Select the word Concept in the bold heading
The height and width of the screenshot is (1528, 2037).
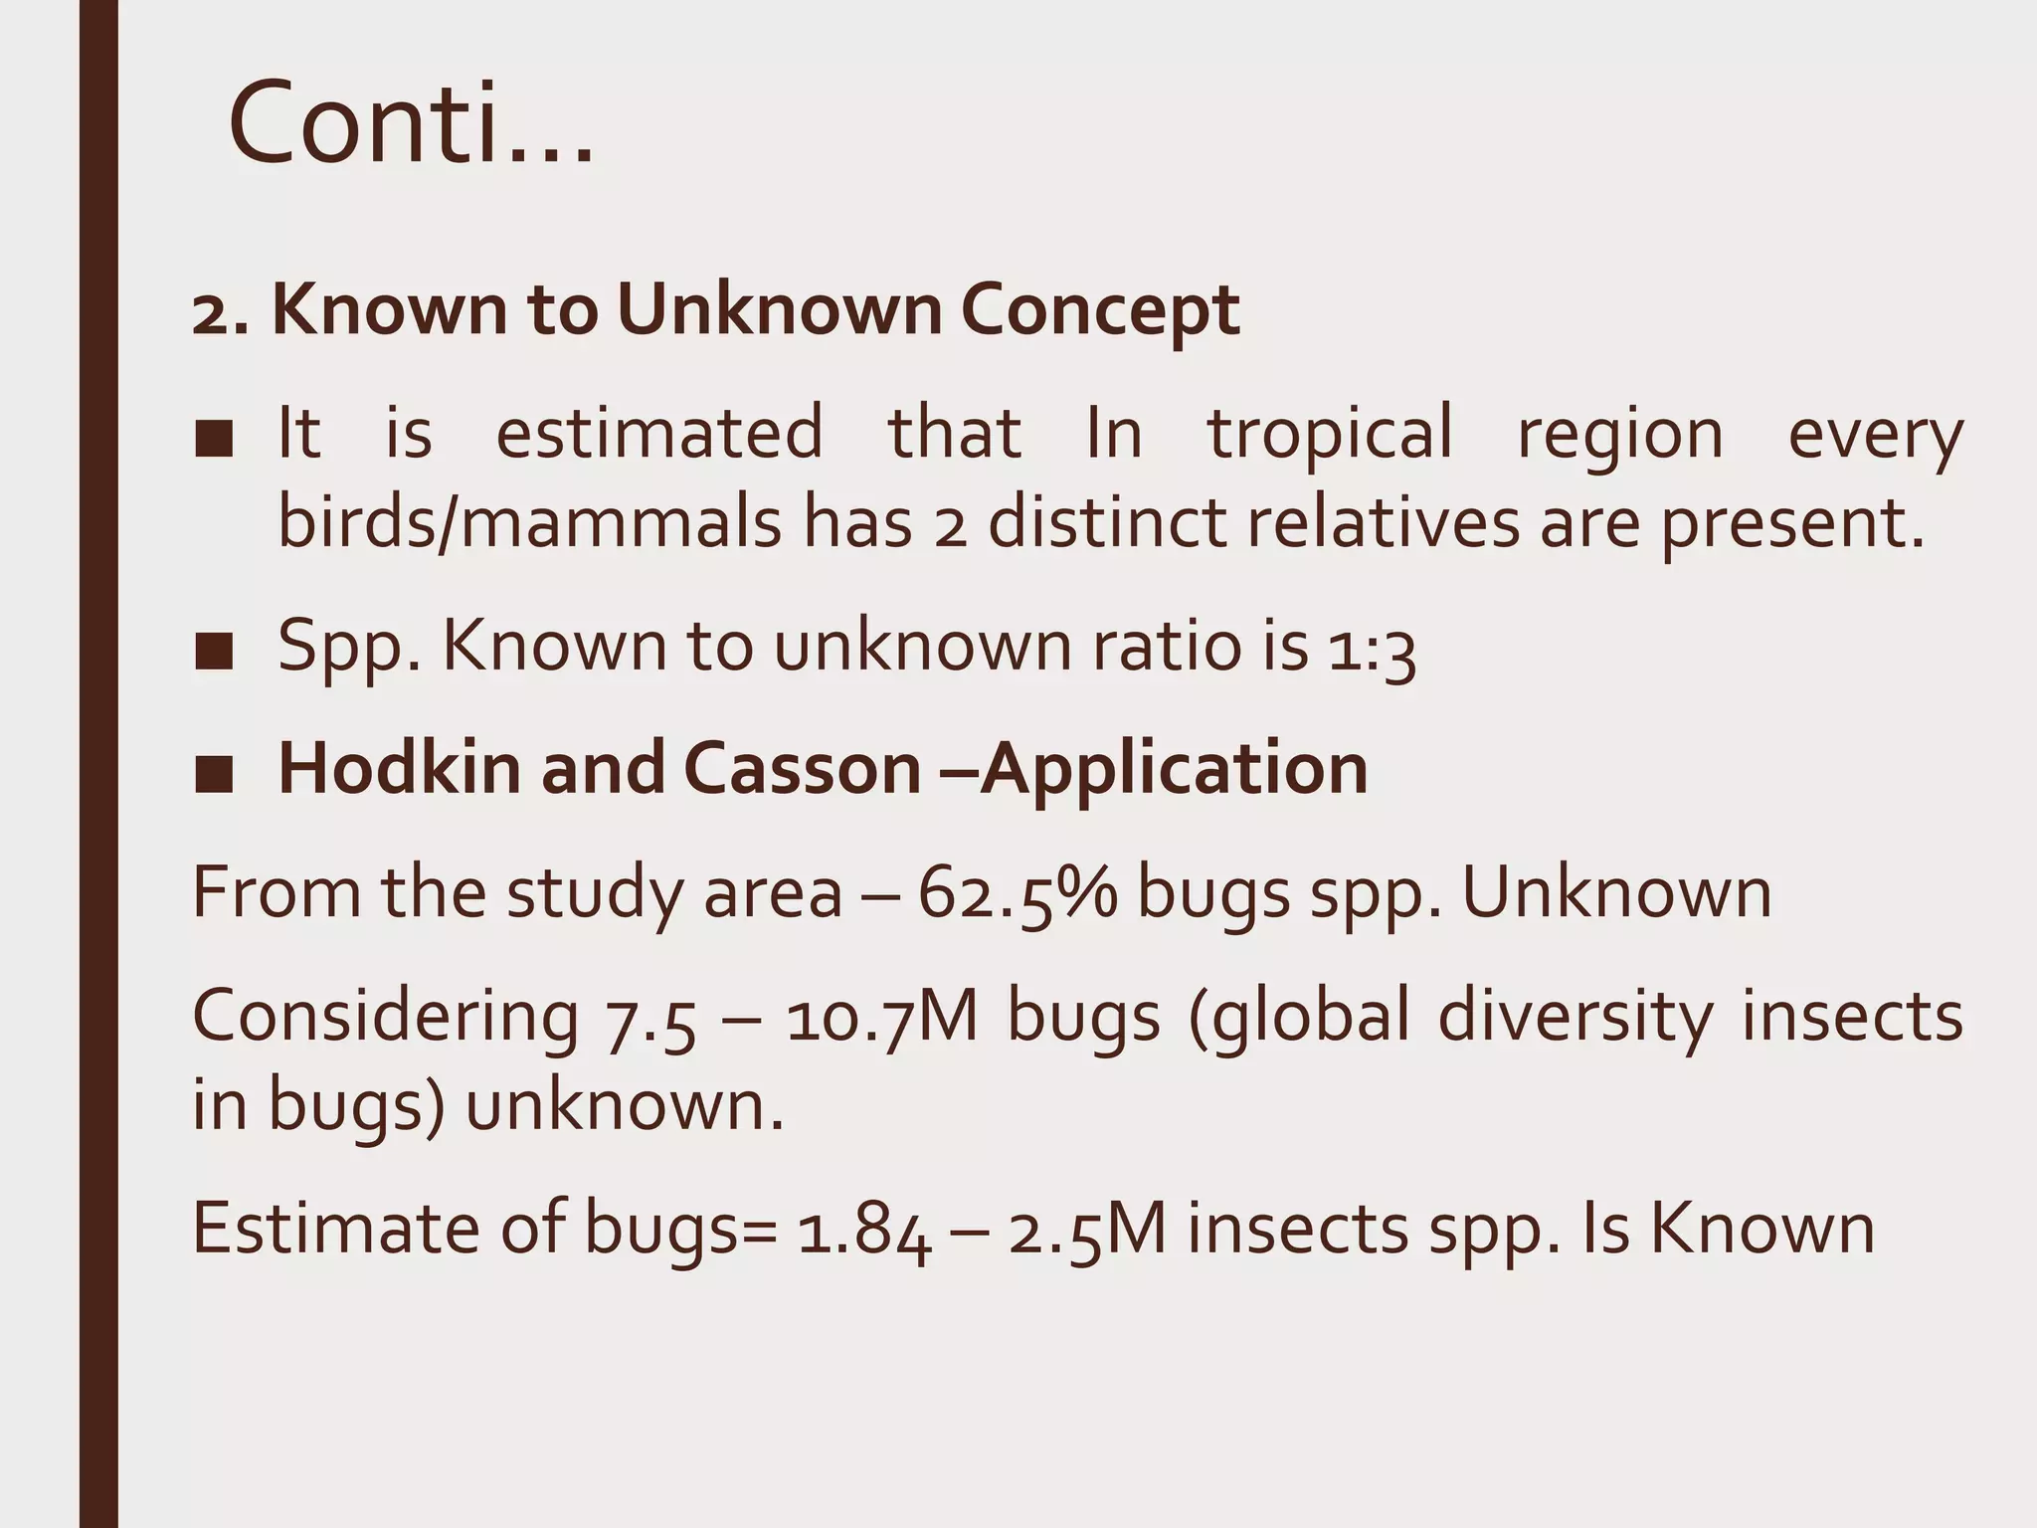pyautogui.click(x=1100, y=310)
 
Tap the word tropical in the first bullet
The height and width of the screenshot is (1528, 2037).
pyautogui.click(x=1330, y=434)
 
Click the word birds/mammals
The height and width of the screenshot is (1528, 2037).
pyautogui.click(x=529, y=523)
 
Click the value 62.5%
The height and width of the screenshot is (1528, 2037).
pyautogui.click(x=1018, y=893)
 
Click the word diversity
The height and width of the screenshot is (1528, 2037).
pyautogui.click(x=1575, y=1018)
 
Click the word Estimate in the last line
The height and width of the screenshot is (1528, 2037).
pyautogui.click(x=334, y=1229)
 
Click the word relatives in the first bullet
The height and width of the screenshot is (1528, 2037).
pyautogui.click(x=1383, y=523)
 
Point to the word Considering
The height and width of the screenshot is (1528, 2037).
pyautogui.click(x=385, y=1018)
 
